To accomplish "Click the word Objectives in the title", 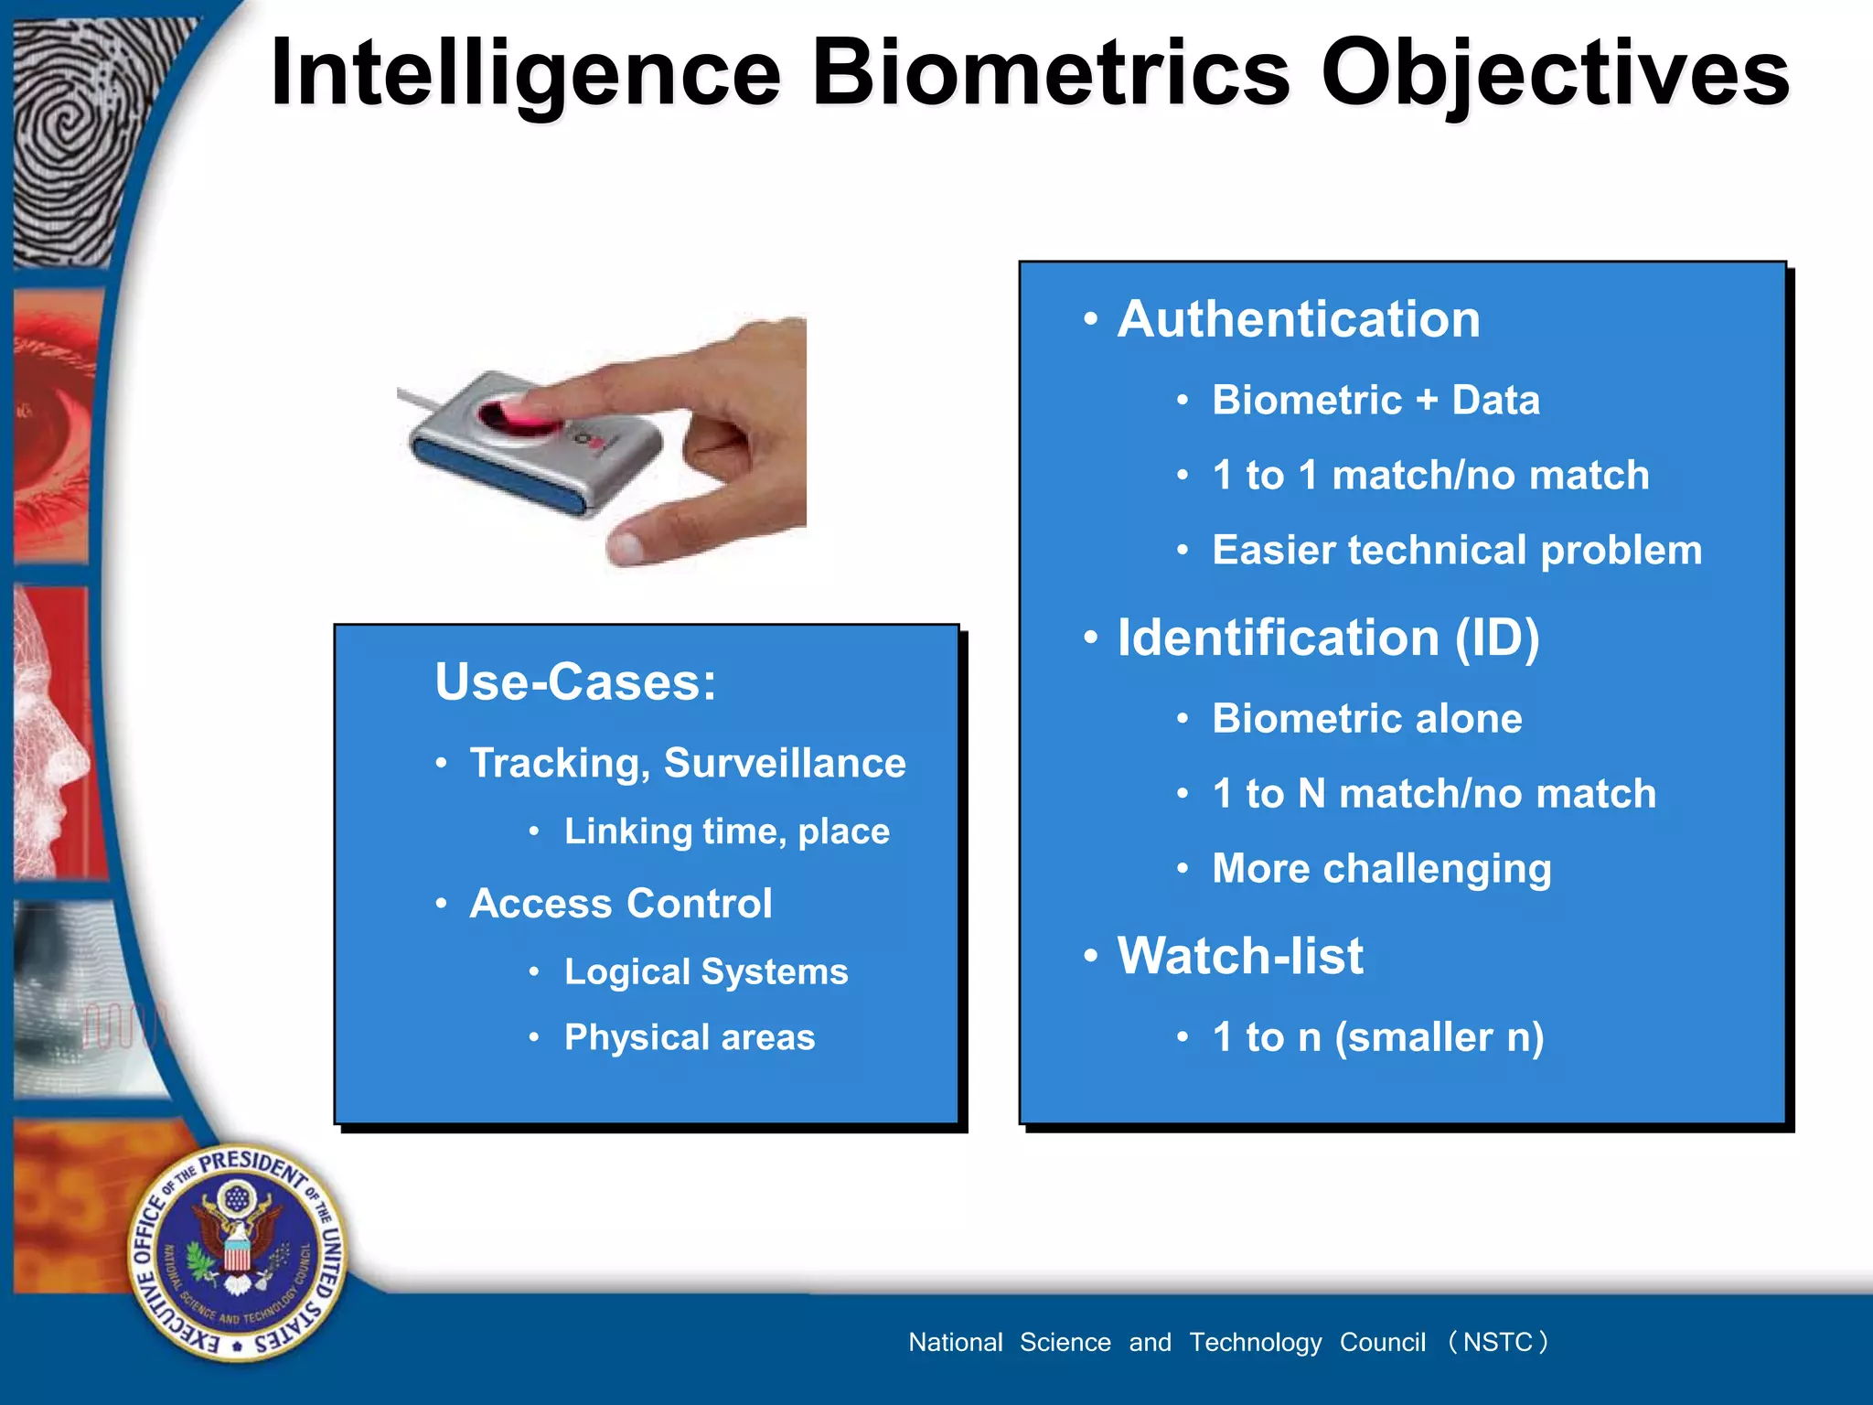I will pyautogui.click(x=1555, y=73).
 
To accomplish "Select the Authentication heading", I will pyautogui.click(x=1298, y=319).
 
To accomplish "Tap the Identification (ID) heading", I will pyautogui.click(x=1328, y=638).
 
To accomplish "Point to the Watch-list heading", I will pyautogui.click(x=1240, y=956).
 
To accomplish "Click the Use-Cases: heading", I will pyautogui.click(x=575, y=681).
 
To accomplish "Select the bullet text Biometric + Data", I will pyautogui.click(x=1375, y=401).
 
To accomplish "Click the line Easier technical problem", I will pyautogui.click(x=1456, y=551).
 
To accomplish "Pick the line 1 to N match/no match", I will pyautogui.click(x=1433, y=794).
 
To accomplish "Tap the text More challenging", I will pyautogui.click(x=1381, y=869).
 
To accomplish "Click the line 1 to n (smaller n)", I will pyautogui.click(x=1377, y=1037).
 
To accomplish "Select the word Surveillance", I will pyautogui.click(x=784, y=764).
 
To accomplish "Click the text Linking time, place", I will pyautogui.click(x=726, y=831).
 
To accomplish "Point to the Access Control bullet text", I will pyautogui.click(x=620, y=904).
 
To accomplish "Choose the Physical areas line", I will pyautogui.click(x=689, y=1037).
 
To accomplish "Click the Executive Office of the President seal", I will pyautogui.click(x=238, y=1252).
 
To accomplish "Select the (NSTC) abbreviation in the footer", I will pyautogui.click(x=1496, y=1342).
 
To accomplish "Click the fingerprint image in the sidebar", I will pyautogui.click(x=82, y=137).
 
